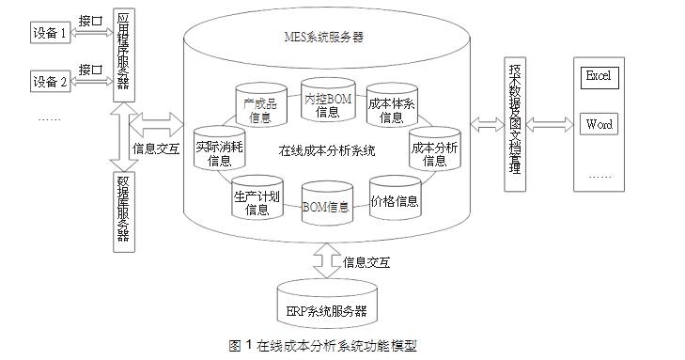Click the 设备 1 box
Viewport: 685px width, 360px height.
pos(51,35)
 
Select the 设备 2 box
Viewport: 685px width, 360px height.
pos(51,81)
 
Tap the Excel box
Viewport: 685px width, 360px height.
pos(598,76)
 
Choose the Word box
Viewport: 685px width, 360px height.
pos(598,124)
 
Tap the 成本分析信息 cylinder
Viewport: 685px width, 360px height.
pos(434,152)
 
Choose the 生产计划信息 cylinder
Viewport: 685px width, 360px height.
pos(257,201)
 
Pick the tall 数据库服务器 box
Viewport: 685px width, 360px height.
pos(123,211)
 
